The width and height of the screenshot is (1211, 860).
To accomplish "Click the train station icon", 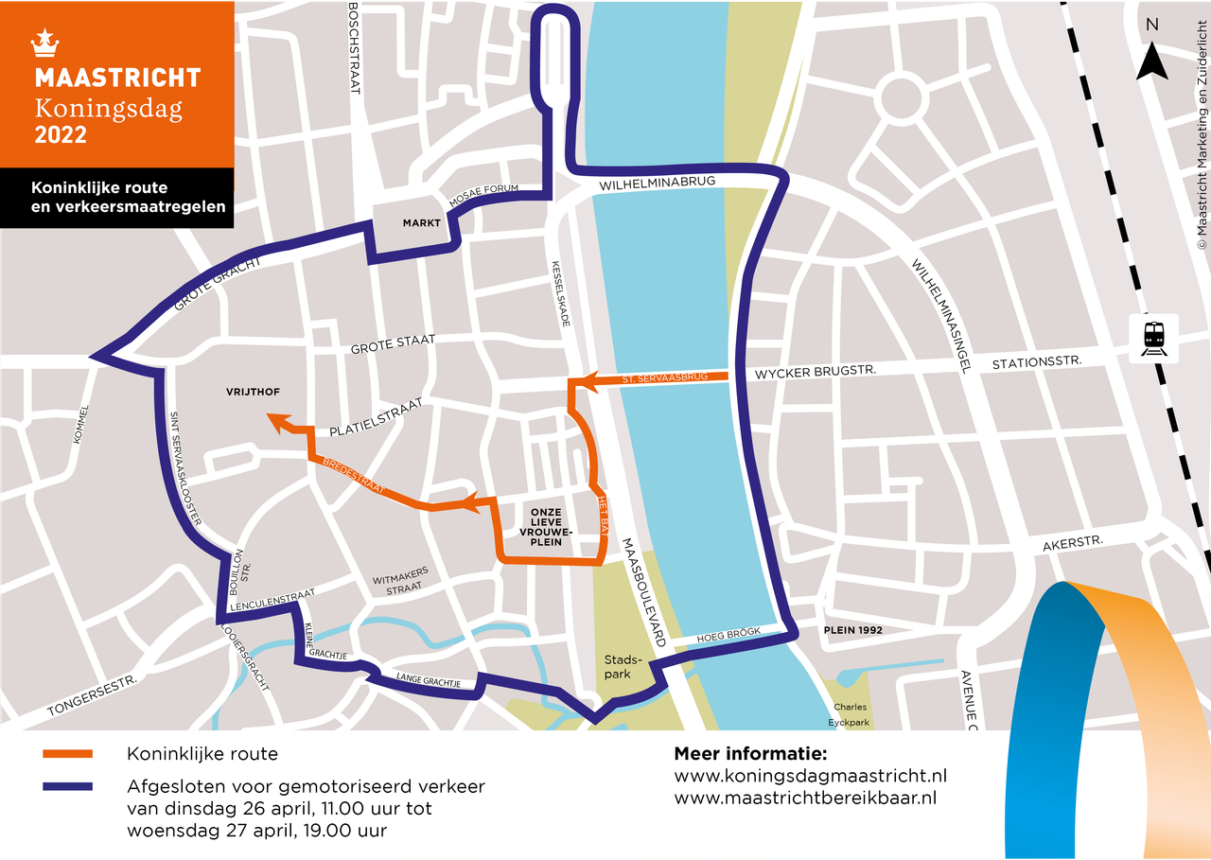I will pos(1154,337).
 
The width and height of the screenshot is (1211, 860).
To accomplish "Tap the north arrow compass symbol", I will pos(1152,59).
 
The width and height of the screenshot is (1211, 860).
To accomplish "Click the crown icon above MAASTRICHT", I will pos(44,43).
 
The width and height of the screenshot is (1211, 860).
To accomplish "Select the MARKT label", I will pos(422,223).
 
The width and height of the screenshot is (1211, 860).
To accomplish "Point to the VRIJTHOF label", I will pos(254,392).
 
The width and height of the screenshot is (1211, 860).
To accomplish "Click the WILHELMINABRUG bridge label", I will pos(656,183).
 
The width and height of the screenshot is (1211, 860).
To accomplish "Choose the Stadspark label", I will pos(623,666).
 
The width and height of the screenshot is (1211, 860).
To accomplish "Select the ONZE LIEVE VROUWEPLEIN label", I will pos(546,527).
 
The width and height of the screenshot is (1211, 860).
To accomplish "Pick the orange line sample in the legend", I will pos(67,754).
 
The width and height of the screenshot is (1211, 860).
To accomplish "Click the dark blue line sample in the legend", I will pos(67,786).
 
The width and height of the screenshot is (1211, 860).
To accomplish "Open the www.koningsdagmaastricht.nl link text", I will pos(810,776).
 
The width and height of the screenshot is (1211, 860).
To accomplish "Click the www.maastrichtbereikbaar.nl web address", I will pos(805,798).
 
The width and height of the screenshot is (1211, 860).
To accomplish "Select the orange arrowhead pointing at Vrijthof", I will pos(276,420).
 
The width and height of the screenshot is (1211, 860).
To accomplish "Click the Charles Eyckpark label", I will pos(851,714).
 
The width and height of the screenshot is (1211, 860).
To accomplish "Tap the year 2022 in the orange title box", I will pos(61,135).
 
